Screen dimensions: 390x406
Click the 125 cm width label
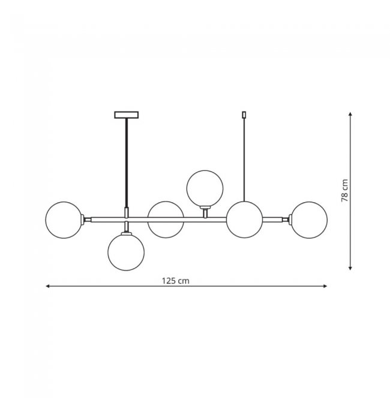(175, 281)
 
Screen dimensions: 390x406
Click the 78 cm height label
(344, 191)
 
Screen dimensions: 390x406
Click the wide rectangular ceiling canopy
(127, 115)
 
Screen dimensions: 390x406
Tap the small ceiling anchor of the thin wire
(244, 115)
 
